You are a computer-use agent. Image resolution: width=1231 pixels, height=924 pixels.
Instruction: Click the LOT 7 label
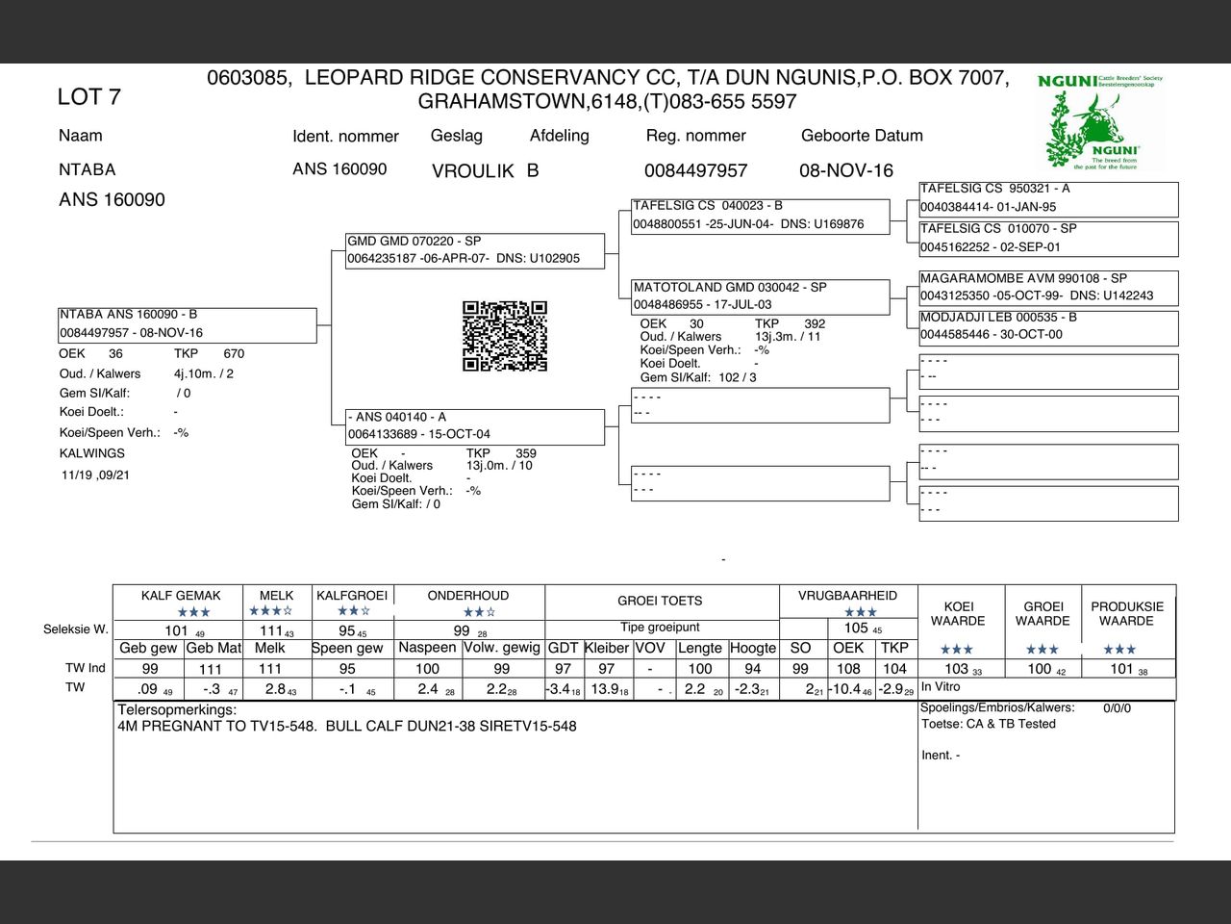point(88,96)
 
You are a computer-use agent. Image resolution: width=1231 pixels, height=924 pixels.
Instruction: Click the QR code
point(505,336)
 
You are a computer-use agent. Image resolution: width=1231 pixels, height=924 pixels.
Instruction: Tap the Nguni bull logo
point(1102,123)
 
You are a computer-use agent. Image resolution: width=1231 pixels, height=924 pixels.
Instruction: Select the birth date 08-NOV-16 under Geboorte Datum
point(846,170)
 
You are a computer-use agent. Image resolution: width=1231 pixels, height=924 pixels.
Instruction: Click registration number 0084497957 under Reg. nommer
point(695,170)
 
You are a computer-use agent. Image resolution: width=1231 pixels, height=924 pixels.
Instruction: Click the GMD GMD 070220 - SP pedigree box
point(475,250)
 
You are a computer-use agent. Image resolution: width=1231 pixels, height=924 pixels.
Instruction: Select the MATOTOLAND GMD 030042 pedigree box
point(760,295)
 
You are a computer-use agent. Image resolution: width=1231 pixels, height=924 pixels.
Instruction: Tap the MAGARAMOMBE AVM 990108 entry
point(1047,287)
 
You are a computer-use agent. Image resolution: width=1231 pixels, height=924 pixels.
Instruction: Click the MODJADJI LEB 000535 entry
point(1047,326)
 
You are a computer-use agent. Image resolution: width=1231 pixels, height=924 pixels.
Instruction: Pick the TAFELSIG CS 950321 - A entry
point(1047,197)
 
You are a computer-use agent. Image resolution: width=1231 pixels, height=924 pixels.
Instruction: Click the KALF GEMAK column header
point(181,596)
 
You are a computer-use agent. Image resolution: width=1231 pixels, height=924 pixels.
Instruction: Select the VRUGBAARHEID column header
point(847,596)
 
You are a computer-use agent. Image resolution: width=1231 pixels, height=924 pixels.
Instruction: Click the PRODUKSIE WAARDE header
point(1127,614)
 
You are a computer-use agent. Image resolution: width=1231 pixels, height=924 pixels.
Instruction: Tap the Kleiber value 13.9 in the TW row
point(606,689)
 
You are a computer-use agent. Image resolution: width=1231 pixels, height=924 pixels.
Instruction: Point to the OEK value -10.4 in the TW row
point(846,689)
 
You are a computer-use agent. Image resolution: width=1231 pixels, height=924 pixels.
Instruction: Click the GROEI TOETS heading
point(660,601)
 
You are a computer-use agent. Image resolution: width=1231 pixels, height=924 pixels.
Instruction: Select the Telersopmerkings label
point(177,710)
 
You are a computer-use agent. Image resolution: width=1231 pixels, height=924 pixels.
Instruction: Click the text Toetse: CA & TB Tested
point(989,724)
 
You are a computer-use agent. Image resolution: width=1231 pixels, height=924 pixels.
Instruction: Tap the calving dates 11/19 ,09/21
point(96,475)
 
